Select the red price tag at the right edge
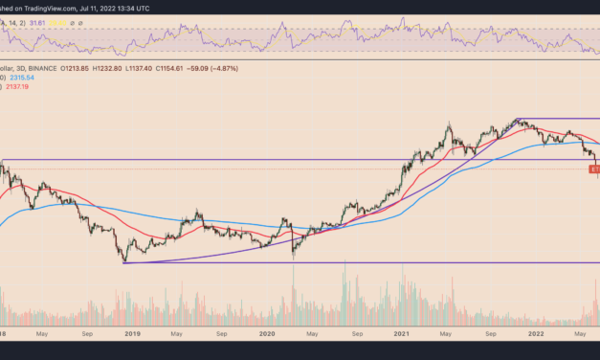click(593, 169)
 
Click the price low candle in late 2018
click(124, 261)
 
